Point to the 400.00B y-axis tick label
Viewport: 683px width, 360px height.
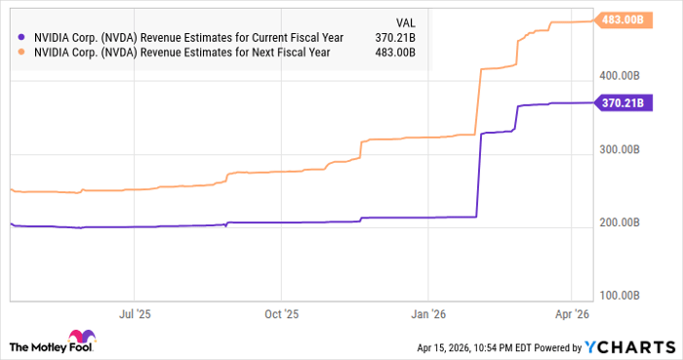point(619,75)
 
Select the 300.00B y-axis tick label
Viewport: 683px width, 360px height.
point(619,149)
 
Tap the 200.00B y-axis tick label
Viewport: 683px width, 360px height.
point(619,223)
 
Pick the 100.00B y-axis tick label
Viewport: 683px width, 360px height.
point(619,295)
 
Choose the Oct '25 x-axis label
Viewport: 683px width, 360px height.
point(281,315)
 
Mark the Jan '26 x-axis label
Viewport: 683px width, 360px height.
point(429,315)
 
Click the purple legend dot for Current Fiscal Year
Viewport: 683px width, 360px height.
point(21,37)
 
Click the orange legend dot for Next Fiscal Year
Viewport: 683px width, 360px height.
point(21,53)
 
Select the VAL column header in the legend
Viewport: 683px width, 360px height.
point(404,20)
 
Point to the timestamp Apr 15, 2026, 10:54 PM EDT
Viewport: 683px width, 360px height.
point(473,347)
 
